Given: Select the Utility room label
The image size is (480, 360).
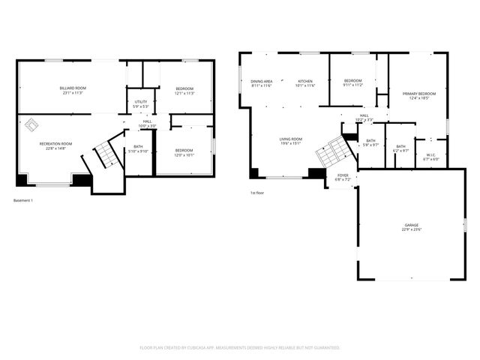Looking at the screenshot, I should [140, 103].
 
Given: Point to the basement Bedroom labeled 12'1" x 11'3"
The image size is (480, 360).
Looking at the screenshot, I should [184, 91].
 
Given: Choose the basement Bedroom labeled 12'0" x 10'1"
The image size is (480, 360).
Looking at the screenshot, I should [184, 153].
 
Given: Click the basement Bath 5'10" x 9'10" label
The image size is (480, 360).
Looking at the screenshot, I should [138, 148].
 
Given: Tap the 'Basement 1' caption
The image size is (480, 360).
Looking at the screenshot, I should [23, 200].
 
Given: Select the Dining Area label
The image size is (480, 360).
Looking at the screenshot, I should [262, 83].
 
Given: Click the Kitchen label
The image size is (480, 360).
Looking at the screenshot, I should [305, 83].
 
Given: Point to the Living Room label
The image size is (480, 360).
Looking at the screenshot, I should [291, 141].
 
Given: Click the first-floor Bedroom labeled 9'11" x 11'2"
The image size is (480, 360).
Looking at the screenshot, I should [353, 82].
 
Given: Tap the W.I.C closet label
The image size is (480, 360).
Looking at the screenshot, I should [430, 156].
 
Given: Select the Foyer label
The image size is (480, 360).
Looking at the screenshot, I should [342, 177].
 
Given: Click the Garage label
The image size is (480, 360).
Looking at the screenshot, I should [412, 226].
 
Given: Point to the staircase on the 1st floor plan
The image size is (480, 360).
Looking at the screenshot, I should [333, 152].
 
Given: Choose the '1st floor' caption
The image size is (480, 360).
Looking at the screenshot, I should [257, 193].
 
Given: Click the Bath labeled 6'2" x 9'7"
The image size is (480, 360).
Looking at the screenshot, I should [400, 148].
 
